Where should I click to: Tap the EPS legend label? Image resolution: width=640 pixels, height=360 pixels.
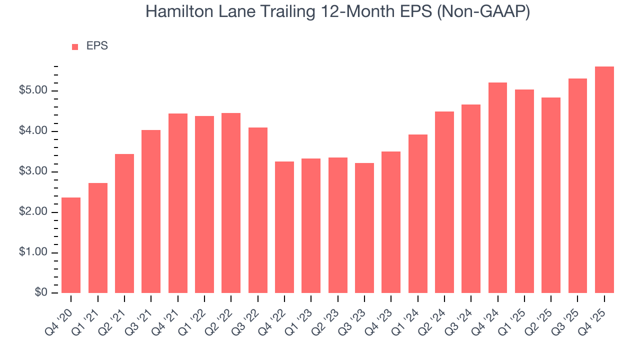point(97,46)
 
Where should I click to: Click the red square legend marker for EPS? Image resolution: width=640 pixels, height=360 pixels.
point(75,46)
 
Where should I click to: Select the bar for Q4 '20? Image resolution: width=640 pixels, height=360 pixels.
point(71,245)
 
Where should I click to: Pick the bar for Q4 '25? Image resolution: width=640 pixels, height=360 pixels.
point(604,180)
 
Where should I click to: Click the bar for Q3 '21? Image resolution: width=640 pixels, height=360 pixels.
point(151,211)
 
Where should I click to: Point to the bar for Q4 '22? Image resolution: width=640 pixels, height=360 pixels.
point(284,227)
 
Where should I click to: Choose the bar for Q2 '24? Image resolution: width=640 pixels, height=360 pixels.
point(444,202)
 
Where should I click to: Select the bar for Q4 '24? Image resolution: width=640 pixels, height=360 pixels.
point(497,187)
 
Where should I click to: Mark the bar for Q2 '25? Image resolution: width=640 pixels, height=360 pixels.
point(551,195)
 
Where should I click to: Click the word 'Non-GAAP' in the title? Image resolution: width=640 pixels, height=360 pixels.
point(483,12)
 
